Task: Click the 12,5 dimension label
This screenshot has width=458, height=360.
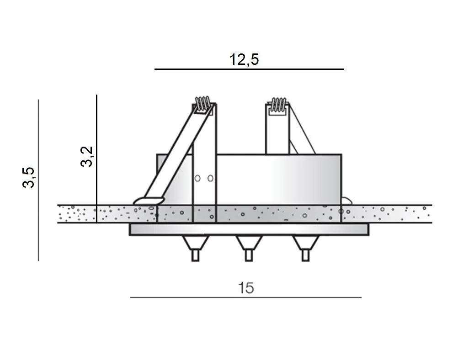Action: (x=244, y=59)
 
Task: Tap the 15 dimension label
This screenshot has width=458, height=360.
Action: (x=245, y=288)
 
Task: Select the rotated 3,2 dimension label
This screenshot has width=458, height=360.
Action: (x=87, y=157)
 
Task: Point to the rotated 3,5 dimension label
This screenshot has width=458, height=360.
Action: (x=28, y=177)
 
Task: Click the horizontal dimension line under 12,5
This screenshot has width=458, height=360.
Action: (x=249, y=69)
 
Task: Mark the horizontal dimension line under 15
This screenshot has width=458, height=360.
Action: (x=245, y=297)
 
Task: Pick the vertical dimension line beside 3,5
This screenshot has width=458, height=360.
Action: (x=38, y=180)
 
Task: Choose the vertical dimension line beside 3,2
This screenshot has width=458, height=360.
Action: (x=97, y=159)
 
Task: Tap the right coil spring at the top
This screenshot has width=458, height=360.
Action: (x=278, y=104)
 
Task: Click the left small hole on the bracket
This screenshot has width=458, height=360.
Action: (x=198, y=178)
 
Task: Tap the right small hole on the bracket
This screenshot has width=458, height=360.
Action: (x=210, y=178)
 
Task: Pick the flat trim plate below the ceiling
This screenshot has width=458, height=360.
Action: (x=249, y=229)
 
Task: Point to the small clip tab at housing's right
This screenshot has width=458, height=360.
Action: (x=347, y=200)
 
